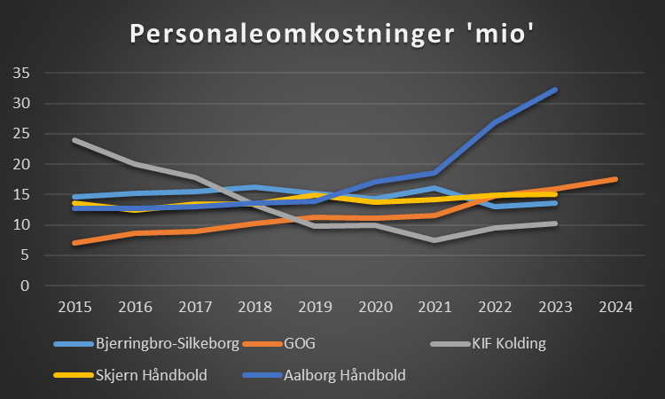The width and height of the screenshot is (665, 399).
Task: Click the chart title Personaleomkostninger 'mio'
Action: (332, 34)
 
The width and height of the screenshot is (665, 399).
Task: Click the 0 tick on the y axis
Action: (26, 286)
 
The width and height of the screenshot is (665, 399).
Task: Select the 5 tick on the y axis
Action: (26, 255)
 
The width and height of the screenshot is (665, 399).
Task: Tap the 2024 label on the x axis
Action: (615, 308)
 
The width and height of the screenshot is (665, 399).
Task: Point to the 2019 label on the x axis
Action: (314, 308)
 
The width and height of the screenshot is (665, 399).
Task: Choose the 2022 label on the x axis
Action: (495, 308)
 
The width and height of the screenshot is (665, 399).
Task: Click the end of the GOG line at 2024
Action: (614, 179)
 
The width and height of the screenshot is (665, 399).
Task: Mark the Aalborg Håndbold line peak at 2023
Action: (554, 90)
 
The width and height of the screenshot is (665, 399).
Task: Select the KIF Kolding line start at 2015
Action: (74, 140)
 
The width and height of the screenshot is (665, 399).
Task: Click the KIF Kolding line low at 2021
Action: (434, 240)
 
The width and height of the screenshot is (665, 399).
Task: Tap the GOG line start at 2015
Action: (74, 243)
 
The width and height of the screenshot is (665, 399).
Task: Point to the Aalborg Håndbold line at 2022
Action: (495, 122)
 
